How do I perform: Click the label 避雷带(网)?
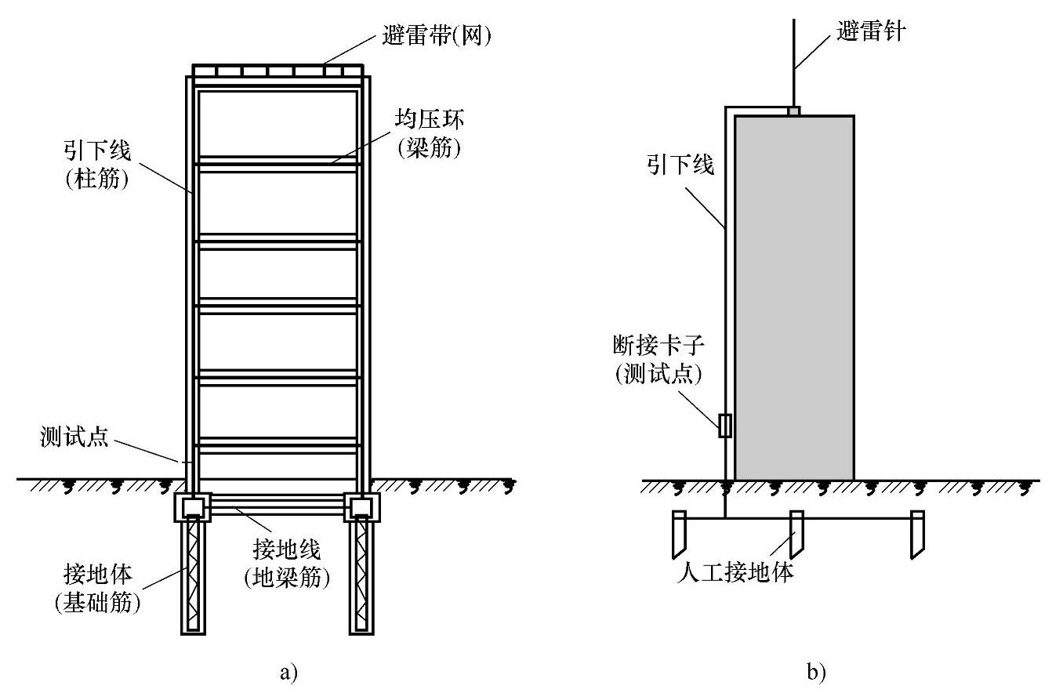(430, 35)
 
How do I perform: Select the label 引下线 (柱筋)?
(97, 165)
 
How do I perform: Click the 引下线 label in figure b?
(680, 164)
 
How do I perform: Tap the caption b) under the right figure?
(816, 672)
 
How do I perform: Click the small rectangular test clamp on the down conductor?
(725, 426)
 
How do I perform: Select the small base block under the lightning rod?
(793, 111)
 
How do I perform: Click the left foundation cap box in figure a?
(192, 507)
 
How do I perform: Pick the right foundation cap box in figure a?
(361, 507)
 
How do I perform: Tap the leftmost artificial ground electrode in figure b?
(679, 533)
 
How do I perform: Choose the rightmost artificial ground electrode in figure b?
(916, 533)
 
